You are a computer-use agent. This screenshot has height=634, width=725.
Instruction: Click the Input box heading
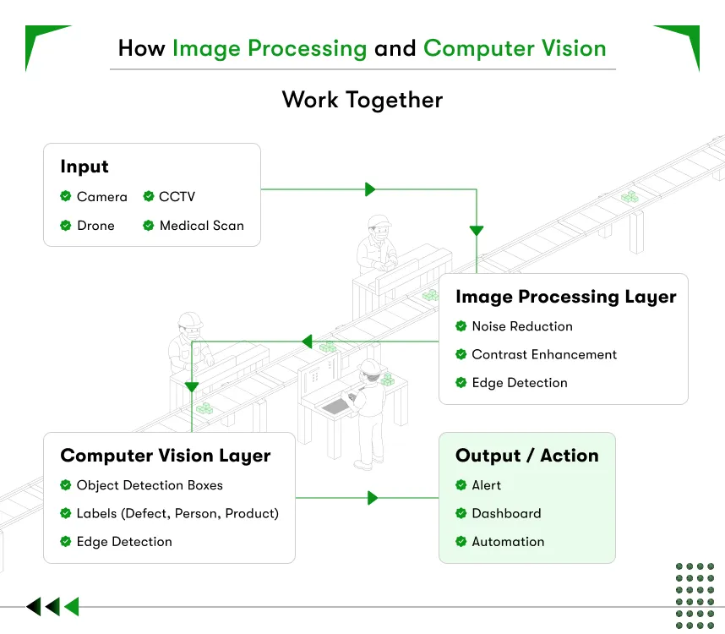pos(84,167)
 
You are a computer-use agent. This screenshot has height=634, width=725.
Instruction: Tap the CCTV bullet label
pos(177,197)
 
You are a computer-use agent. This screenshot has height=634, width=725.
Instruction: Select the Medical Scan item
pos(201,226)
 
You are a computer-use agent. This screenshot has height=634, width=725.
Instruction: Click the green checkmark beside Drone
pos(65,226)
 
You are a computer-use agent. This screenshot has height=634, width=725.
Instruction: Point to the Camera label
pos(101,197)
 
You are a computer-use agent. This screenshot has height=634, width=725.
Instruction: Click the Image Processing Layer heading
pos(565,297)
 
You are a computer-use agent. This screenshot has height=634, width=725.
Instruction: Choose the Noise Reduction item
pos(521,326)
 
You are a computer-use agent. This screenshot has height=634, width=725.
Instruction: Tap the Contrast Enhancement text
pos(544,354)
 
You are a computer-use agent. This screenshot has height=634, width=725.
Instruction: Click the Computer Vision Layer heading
pos(165,456)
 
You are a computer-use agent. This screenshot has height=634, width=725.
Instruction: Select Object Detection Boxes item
pos(150,485)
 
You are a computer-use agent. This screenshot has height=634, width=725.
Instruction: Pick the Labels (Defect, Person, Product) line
pos(177,513)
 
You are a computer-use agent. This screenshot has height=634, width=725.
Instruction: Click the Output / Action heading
pos(526,456)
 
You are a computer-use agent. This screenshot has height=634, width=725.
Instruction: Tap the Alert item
pos(486,485)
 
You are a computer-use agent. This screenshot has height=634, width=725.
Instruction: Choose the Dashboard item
pos(506,513)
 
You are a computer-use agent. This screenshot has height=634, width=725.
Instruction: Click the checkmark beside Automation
pos(461,541)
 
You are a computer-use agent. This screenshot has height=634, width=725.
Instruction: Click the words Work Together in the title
pos(362,100)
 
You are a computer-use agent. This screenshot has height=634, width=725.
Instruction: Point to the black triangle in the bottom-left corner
pos(33,606)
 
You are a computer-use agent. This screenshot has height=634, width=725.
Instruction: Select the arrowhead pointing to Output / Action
pos(373,499)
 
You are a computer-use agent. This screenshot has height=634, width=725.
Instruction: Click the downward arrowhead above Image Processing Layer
pos(477,230)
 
